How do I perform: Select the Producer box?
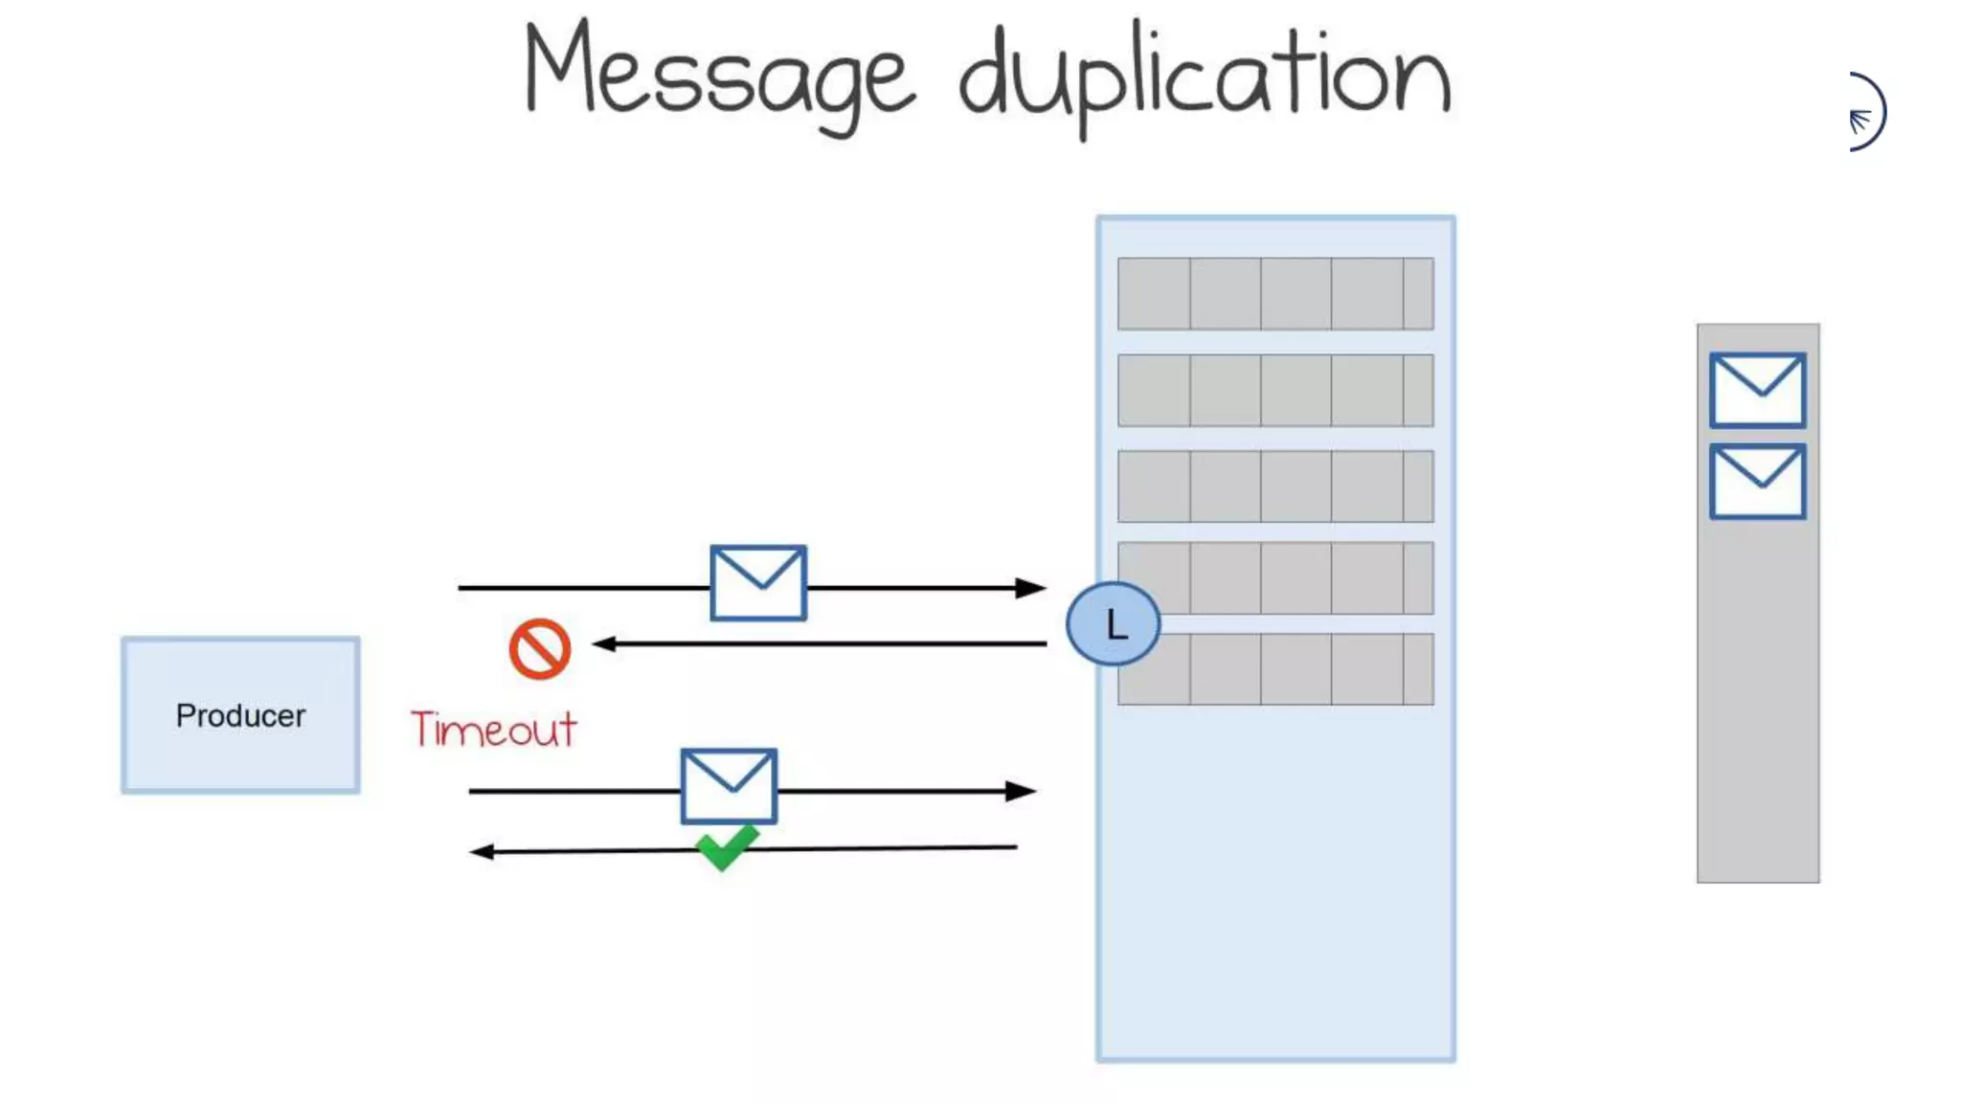240,714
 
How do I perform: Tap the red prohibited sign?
540,649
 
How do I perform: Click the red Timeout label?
493,730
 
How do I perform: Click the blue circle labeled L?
1113,623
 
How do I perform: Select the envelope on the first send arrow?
757,583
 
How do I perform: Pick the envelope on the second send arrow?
729,786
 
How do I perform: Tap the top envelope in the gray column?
1757,390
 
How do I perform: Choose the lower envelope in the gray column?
1757,481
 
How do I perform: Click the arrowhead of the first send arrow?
1031,587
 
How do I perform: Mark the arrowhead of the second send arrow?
1022,791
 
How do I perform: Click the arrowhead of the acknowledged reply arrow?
482,851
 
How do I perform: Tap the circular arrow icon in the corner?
1866,112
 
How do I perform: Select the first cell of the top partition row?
1154,294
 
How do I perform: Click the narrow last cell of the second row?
1418,391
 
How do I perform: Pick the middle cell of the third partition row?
1296,486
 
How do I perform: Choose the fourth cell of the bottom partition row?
1366,669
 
